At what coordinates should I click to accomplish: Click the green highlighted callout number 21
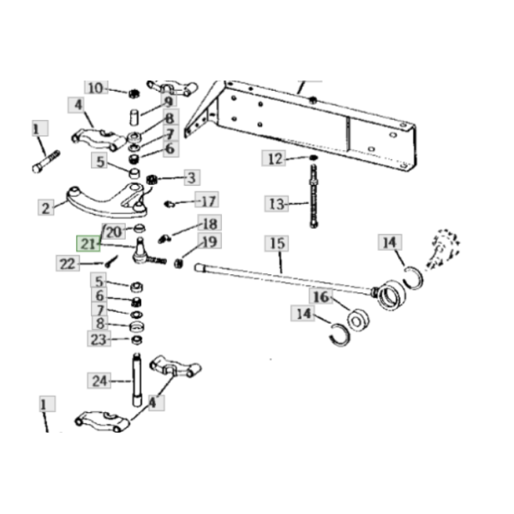click(x=88, y=243)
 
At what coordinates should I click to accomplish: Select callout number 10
click(x=96, y=88)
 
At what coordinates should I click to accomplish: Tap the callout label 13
click(x=277, y=204)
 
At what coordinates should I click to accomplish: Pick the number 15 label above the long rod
click(x=277, y=243)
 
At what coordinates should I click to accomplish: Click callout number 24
click(x=99, y=380)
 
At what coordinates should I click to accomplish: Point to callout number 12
click(x=273, y=158)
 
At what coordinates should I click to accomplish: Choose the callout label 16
click(x=321, y=296)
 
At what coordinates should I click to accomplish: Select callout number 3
click(x=192, y=177)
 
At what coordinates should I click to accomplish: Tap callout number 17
click(x=206, y=200)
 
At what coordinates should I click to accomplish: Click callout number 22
click(x=68, y=263)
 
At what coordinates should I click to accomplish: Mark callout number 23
click(x=99, y=338)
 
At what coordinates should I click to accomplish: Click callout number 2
click(x=46, y=207)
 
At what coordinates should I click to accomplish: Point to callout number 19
click(x=210, y=242)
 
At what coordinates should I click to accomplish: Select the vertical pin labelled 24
click(x=137, y=380)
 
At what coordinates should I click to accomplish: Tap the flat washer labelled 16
click(x=358, y=320)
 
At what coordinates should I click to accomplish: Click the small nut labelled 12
click(x=314, y=158)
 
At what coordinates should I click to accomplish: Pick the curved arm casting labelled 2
click(x=107, y=202)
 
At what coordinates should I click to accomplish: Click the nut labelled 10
click(x=134, y=93)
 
